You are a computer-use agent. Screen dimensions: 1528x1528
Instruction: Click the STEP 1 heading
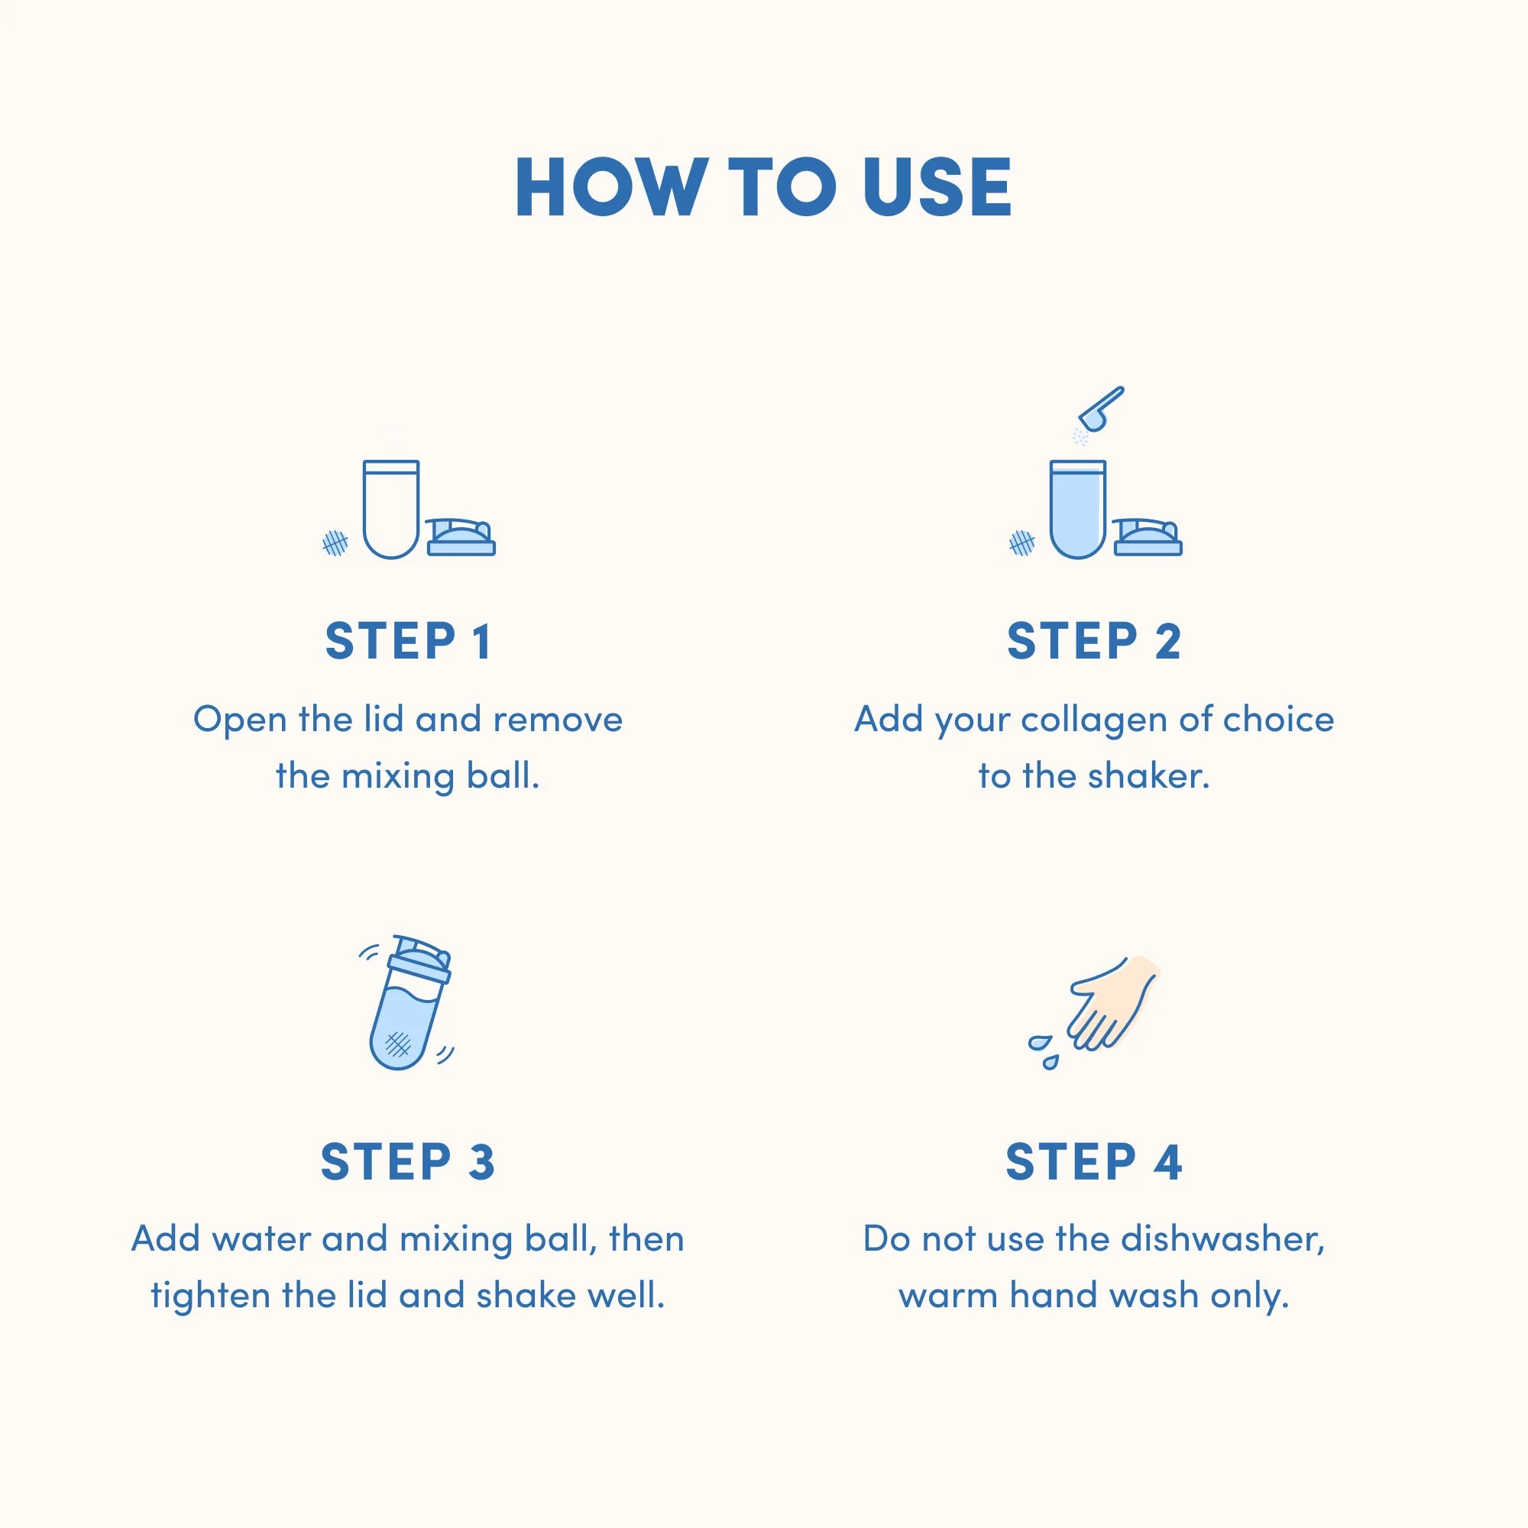click(x=408, y=641)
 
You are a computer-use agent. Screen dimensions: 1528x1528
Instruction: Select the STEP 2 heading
click(x=1094, y=641)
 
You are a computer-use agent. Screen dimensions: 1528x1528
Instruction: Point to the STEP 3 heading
click(x=408, y=1162)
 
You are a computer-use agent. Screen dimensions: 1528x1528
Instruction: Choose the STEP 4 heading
click(x=1094, y=1162)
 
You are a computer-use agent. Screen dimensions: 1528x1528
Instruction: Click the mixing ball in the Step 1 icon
click(x=335, y=542)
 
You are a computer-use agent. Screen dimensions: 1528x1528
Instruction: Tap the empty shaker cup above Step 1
click(x=390, y=510)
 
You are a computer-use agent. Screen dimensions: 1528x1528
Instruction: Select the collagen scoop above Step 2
click(x=1102, y=409)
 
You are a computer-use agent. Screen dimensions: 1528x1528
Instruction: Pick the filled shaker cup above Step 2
click(x=1077, y=510)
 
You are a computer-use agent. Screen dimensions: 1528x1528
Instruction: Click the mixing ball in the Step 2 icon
click(x=1021, y=542)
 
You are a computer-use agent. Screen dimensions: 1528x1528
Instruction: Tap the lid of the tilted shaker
click(x=421, y=960)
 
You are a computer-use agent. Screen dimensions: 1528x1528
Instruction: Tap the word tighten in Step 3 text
click(x=211, y=1297)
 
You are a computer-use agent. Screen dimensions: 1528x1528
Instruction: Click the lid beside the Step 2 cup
click(x=1148, y=537)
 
